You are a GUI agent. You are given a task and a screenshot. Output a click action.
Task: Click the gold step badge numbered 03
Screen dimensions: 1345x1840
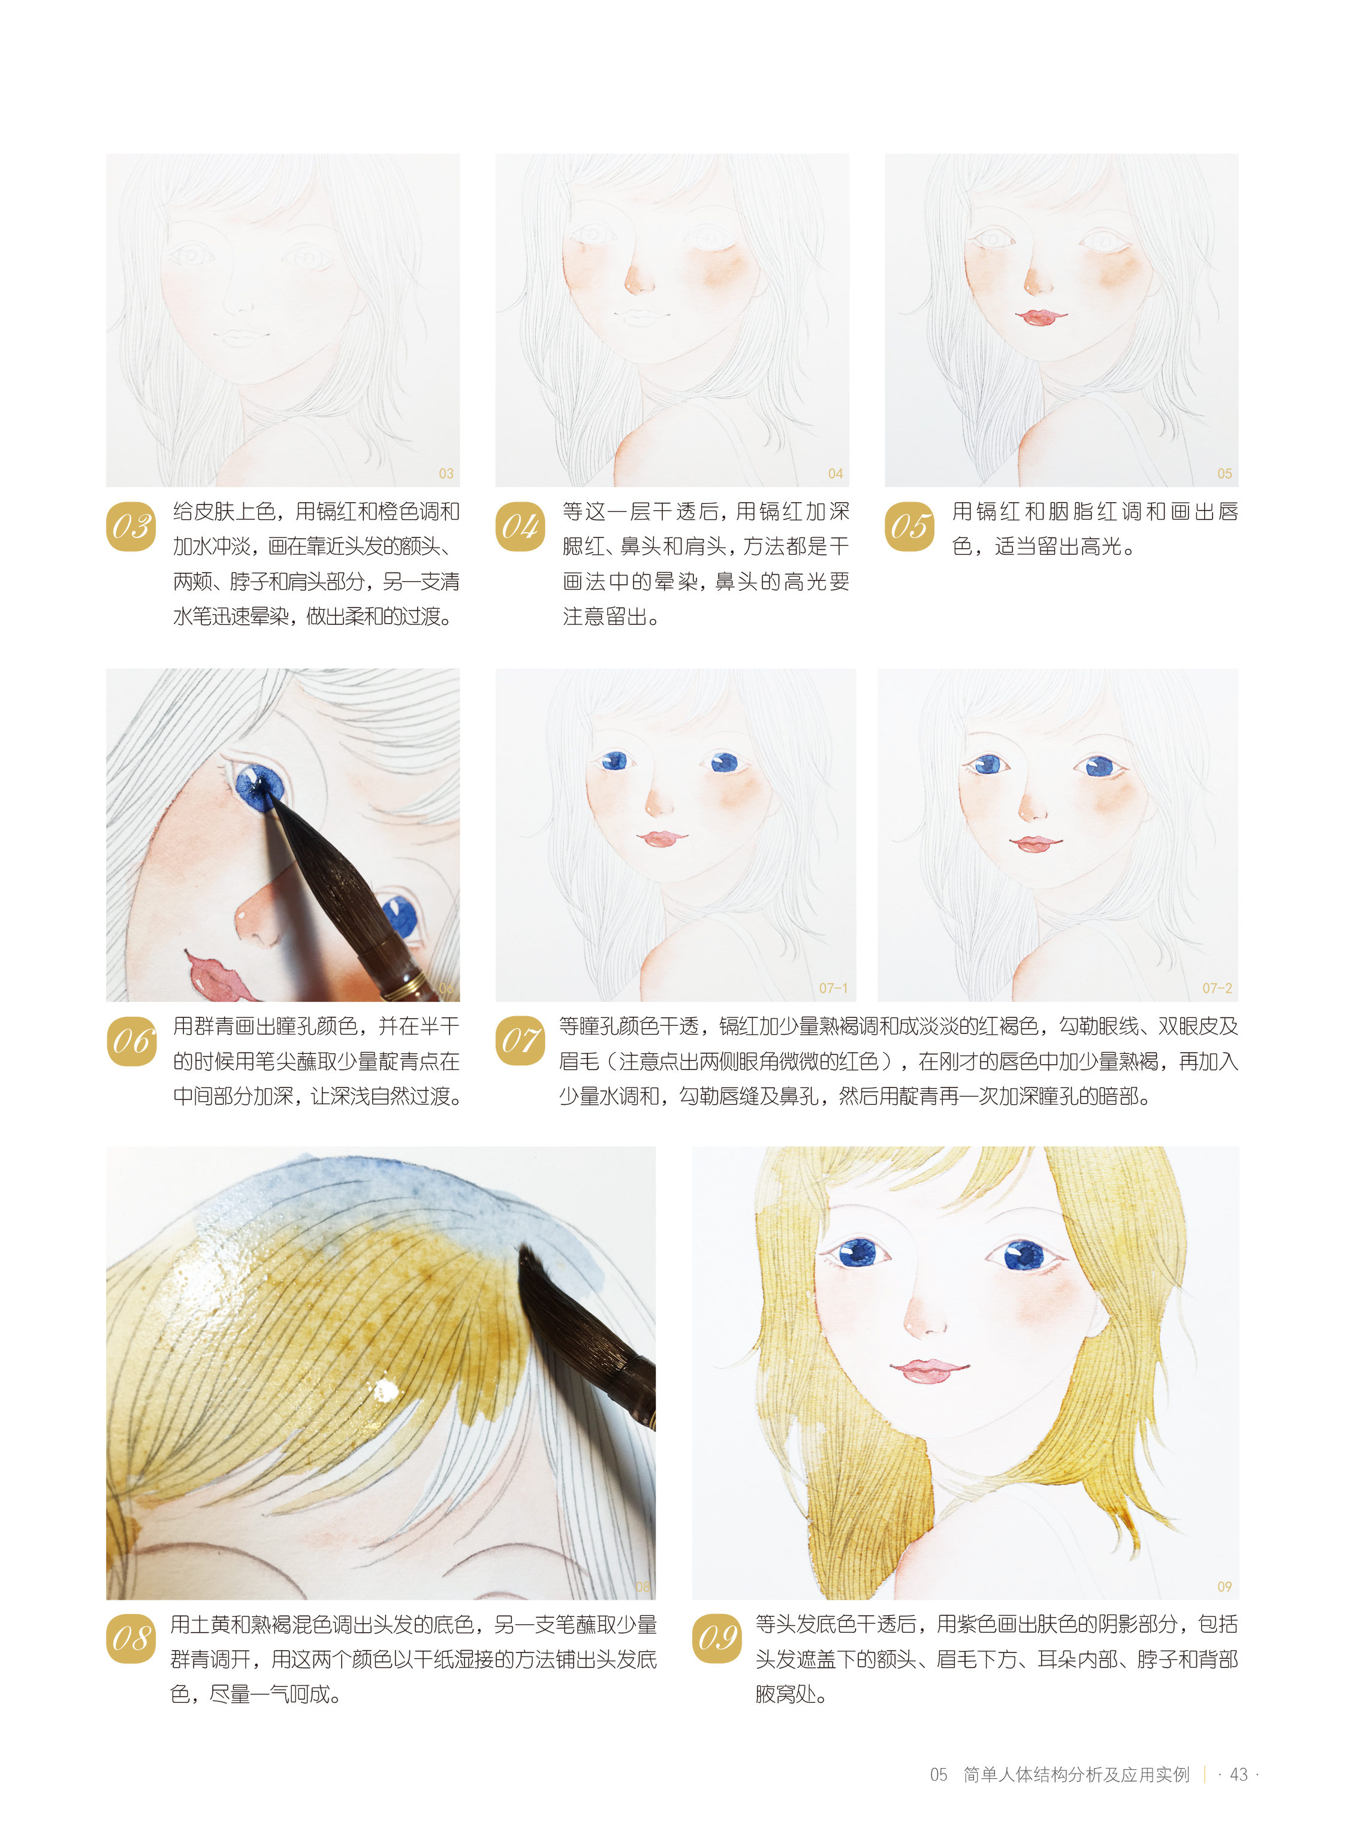tap(131, 527)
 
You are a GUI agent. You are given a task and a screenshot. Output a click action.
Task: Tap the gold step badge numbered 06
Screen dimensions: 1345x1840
tap(131, 1041)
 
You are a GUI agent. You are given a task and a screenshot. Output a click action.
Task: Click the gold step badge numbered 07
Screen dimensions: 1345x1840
tap(520, 1041)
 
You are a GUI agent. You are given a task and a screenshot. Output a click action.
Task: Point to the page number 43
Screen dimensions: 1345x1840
tap(1238, 1774)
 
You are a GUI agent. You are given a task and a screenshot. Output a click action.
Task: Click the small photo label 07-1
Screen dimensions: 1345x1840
tap(833, 988)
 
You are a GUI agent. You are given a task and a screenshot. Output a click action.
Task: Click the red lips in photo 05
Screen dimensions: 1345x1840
tap(1040, 316)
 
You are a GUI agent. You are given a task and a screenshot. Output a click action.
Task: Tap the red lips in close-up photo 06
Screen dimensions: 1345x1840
tap(218, 977)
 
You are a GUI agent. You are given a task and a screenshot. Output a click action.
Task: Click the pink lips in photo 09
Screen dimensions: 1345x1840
tap(929, 1370)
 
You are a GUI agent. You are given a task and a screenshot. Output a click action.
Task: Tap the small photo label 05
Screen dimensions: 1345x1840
tap(1225, 474)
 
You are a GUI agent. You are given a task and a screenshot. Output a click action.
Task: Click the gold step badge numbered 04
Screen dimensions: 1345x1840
tap(520, 527)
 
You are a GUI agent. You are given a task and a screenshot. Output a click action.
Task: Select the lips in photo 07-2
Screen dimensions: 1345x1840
tap(1036, 843)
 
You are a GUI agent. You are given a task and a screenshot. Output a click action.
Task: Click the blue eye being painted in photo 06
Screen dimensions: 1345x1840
tap(259, 786)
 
